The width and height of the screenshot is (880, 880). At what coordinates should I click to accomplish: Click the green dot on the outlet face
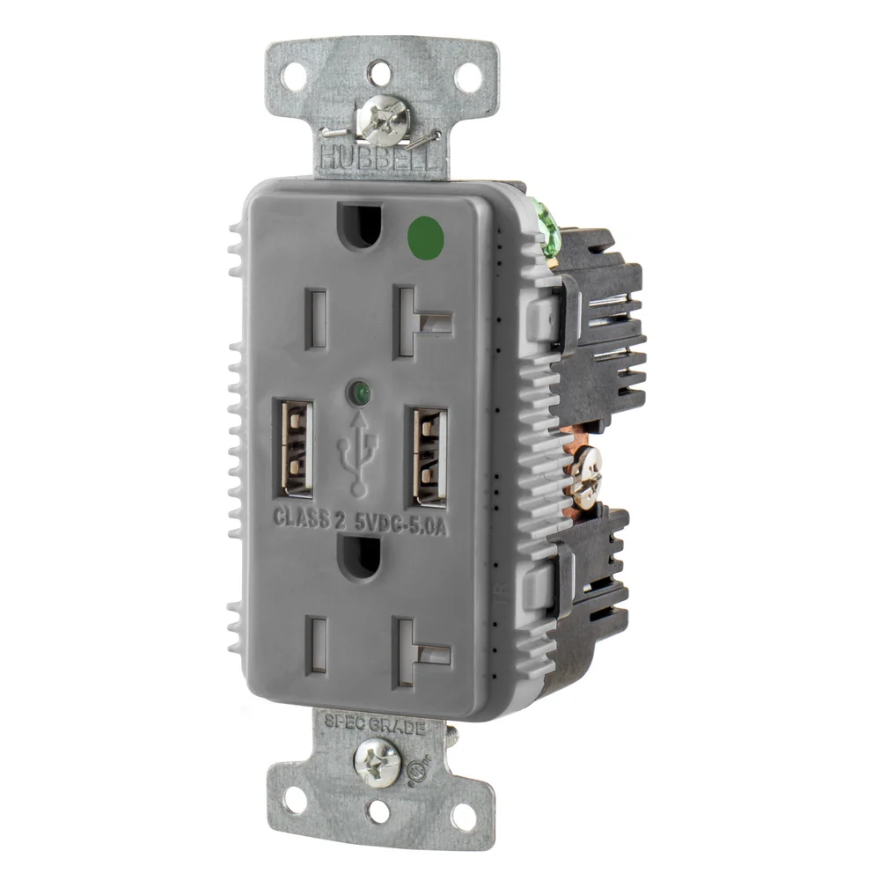click(x=426, y=235)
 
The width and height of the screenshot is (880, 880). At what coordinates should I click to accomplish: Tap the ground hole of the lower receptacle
click(x=356, y=556)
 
